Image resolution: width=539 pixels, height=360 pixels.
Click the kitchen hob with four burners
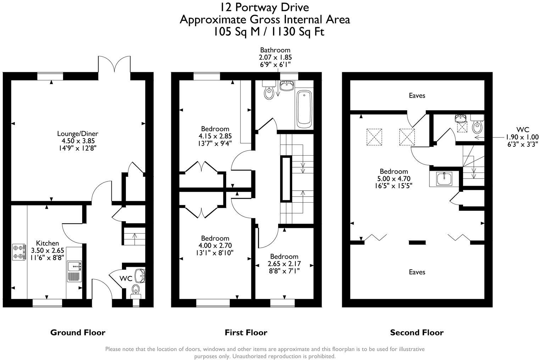coord(19,252)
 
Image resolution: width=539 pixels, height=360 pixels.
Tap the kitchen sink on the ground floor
coord(74,271)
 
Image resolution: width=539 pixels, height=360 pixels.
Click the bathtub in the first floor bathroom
coord(304,109)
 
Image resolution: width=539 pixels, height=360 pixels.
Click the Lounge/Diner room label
coord(78,134)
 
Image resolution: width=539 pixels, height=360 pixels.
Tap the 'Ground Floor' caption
coord(78,332)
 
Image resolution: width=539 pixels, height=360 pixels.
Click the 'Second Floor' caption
coord(417,332)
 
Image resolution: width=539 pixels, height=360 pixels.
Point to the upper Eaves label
coord(417,95)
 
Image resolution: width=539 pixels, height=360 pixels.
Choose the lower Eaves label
coord(417,272)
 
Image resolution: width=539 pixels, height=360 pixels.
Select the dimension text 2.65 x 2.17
coord(284,264)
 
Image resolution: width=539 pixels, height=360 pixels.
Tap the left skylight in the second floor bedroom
coord(374,137)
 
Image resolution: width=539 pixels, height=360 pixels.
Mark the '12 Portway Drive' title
coord(264,7)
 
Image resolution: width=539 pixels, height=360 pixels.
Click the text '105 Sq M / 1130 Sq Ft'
coord(268,32)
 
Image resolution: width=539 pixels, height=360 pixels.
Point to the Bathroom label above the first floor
coord(275,50)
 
